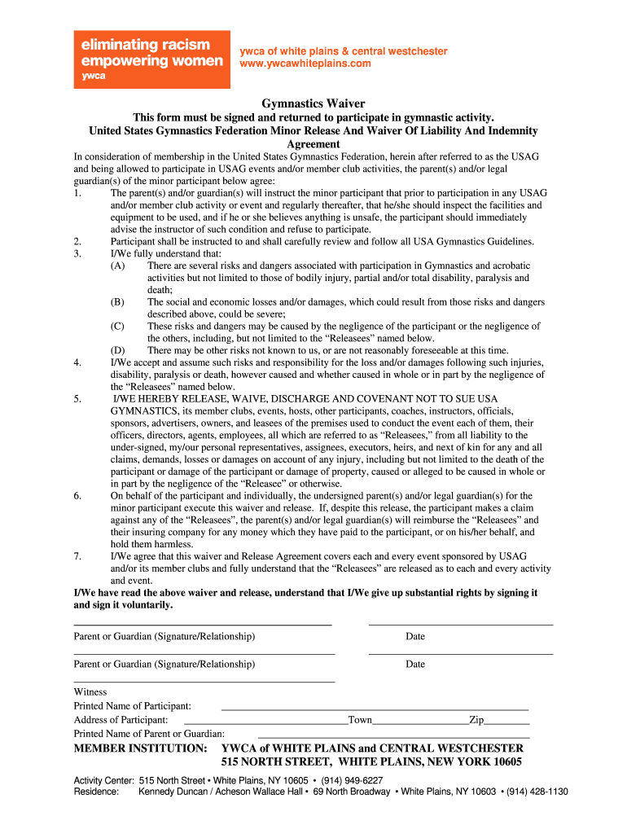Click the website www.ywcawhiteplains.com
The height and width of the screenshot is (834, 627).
tap(305, 64)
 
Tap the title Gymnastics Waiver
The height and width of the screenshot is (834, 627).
tap(313, 103)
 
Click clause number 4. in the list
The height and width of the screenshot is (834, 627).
tap(77, 362)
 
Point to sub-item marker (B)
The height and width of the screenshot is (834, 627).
tap(118, 302)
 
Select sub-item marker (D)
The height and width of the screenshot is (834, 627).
tap(118, 350)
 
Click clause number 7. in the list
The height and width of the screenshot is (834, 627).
tap(77, 556)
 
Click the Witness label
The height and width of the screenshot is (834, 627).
tap(90, 692)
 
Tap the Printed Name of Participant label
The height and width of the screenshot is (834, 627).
tap(133, 706)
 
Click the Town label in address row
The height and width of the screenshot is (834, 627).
tap(360, 720)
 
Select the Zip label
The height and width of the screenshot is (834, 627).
tap(476, 720)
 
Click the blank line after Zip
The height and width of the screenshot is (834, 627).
tap(507, 722)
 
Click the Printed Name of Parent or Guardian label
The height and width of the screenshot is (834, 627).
tap(149, 734)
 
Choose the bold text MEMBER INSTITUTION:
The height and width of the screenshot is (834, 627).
tap(141, 748)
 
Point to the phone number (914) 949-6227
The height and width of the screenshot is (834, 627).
tap(352, 779)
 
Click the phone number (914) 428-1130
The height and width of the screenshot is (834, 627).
tap(537, 792)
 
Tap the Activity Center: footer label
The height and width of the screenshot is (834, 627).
tap(104, 779)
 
